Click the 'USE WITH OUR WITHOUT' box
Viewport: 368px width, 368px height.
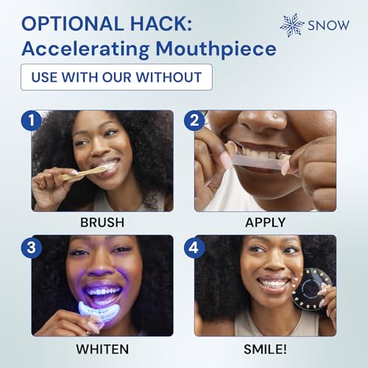[x=116, y=77]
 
